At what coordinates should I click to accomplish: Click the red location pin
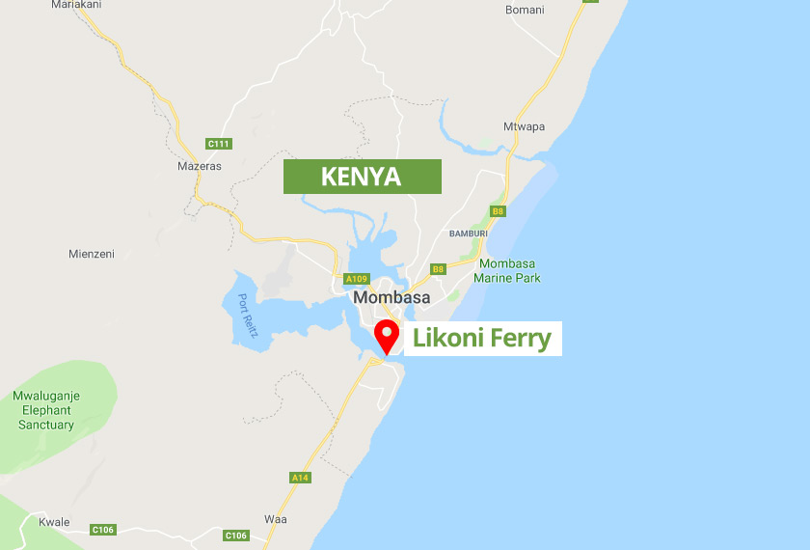388,336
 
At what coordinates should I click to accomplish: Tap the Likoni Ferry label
481,339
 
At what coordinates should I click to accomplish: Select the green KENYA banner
362,177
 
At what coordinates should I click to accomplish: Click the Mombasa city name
391,297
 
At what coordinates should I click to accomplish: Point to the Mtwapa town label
524,127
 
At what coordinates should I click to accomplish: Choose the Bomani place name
525,11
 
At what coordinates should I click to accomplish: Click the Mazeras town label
200,166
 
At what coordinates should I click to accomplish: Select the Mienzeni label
92,255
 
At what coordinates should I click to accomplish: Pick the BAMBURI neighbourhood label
469,234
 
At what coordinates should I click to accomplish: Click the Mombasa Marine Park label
507,271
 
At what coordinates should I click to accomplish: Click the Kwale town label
54,522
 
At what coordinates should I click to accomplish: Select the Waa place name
275,518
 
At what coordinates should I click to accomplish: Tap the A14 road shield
299,478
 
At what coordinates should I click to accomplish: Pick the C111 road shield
219,144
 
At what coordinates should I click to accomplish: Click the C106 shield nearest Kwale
103,530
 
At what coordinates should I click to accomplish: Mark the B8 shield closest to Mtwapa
498,210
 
